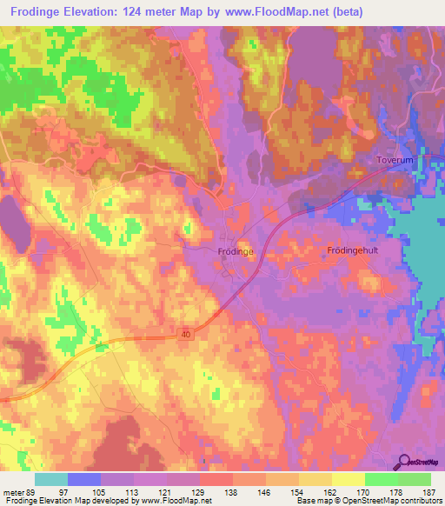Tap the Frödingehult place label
click(353, 250)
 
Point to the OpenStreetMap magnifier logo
click(404, 461)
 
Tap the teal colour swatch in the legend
click(50, 479)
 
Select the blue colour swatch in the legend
click(84, 479)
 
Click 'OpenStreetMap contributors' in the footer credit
click(396, 501)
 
